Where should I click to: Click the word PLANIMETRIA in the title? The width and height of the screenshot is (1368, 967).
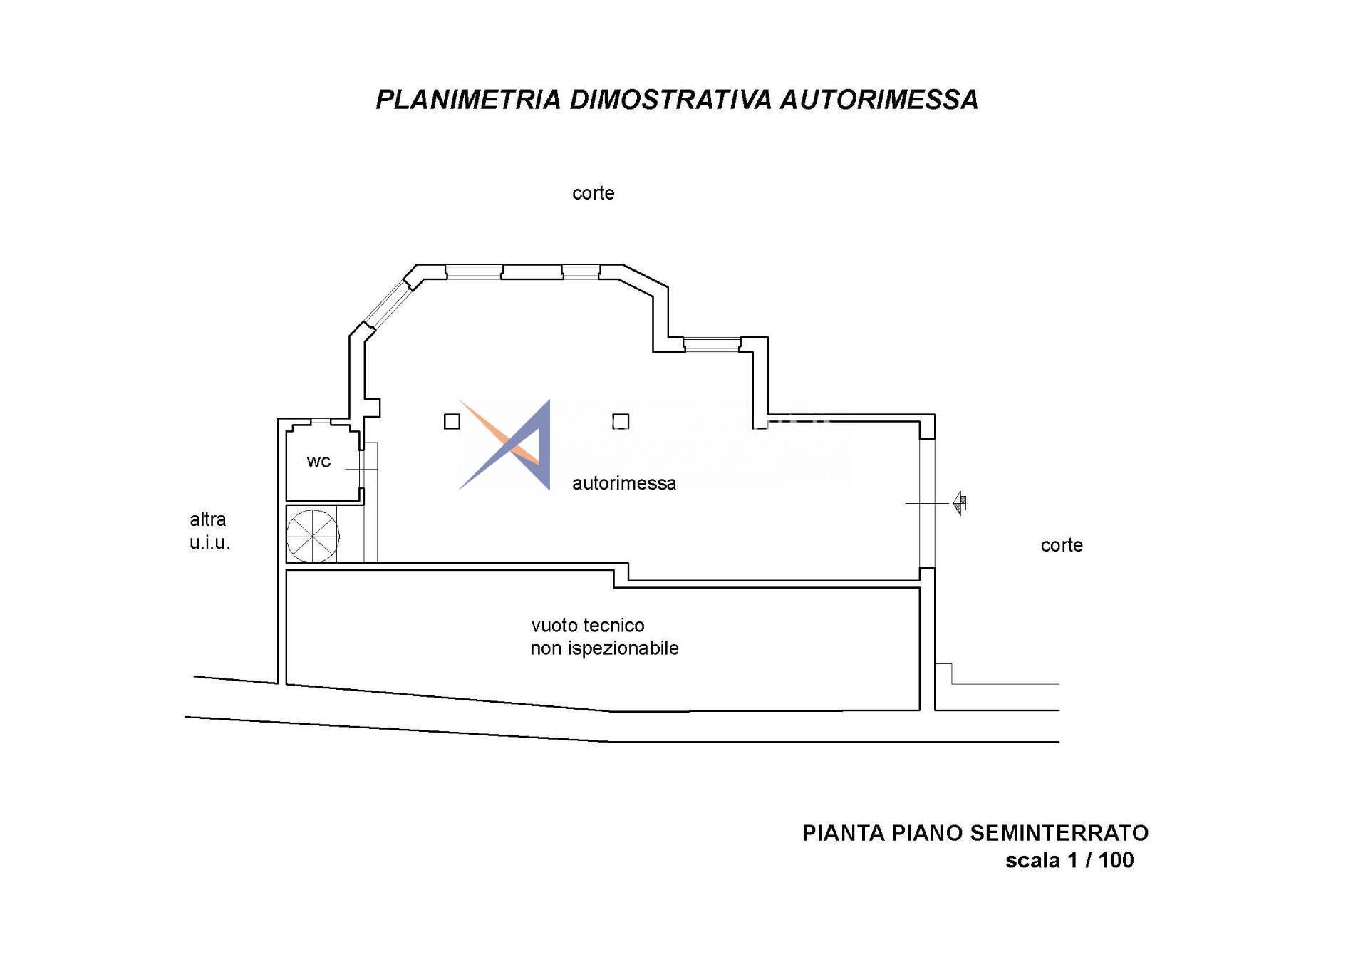coord(468,100)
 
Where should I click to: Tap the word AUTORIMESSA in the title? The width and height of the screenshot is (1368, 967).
coord(879,100)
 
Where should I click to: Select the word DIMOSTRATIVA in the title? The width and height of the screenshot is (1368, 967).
coord(670,100)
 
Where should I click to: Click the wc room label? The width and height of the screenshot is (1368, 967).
coord(318,462)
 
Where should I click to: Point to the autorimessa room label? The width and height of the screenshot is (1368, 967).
coord(624,483)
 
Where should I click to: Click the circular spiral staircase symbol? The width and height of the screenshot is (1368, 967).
coord(312,536)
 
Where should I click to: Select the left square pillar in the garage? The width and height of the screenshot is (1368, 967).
coord(452,422)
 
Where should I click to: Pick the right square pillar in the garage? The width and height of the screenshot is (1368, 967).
coord(621,422)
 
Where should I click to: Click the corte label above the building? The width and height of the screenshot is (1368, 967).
coord(593,193)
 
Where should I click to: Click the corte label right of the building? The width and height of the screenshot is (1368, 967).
coord(1062,545)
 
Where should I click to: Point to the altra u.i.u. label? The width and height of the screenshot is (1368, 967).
coord(209,531)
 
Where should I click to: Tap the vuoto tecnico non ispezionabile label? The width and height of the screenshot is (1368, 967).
coord(604,636)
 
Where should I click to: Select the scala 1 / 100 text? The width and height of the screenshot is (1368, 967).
coord(1069,860)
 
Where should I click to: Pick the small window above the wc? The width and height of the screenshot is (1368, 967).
coord(321,422)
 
